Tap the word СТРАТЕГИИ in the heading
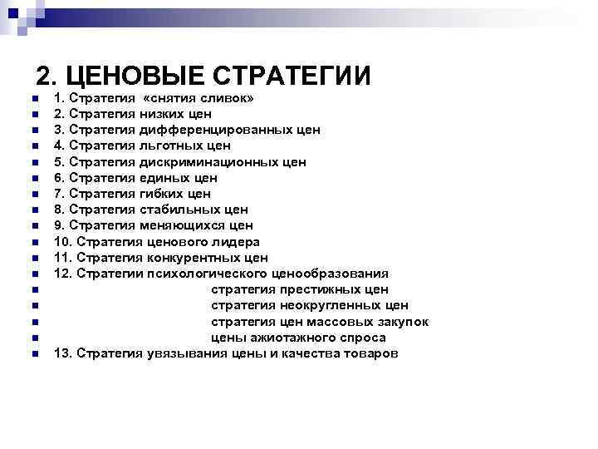click(292, 76)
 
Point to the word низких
click(165, 114)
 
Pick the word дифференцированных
click(210, 130)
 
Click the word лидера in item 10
click(233, 241)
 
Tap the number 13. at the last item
click(63, 353)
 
